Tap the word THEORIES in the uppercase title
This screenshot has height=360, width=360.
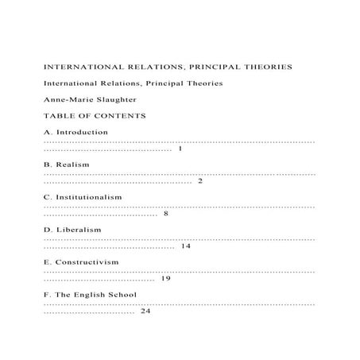[264, 67]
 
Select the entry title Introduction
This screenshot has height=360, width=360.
[83, 132]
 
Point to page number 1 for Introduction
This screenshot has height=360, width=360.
[181, 149]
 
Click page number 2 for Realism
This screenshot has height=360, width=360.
[200, 181]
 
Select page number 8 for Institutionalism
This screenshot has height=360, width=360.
[165, 214]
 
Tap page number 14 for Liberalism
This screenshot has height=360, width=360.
[186, 246]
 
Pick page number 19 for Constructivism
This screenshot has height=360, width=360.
[166, 279]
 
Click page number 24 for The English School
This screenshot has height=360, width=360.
[145, 312]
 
